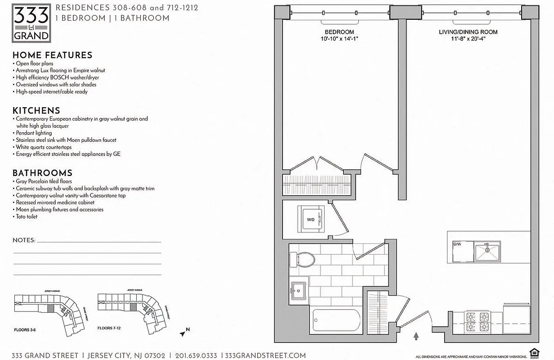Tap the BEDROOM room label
[x=339, y=32]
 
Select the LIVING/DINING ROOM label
[x=468, y=32]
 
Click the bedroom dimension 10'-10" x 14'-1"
[x=339, y=39]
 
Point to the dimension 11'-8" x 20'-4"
[x=468, y=39]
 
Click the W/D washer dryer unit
[x=312, y=219]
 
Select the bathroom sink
[x=298, y=290]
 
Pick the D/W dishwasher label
[x=457, y=244]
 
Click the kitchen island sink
[x=487, y=251]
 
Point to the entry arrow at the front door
[x=416, y=336]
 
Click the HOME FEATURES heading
[x=52, y=55]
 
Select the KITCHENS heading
[x=36, y=111]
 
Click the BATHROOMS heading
[x=42, y=173]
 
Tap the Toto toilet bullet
[x=27, y=216]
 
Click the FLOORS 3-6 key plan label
[x=25, y=330]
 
